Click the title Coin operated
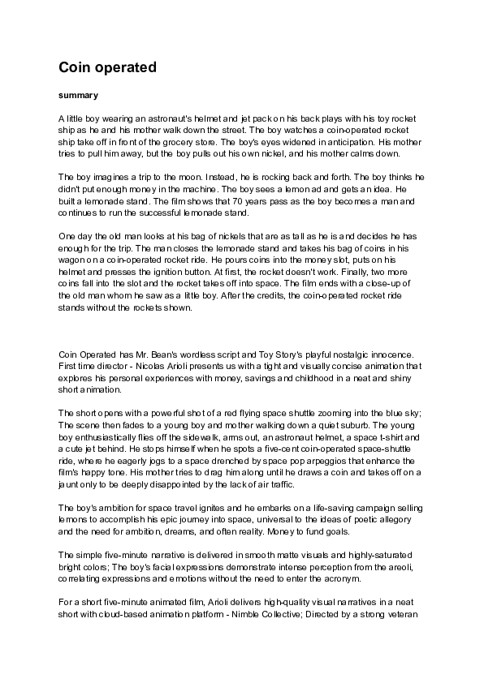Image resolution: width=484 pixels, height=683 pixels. tap(107, 68)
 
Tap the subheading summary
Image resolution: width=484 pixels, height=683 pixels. tap(79, 95)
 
